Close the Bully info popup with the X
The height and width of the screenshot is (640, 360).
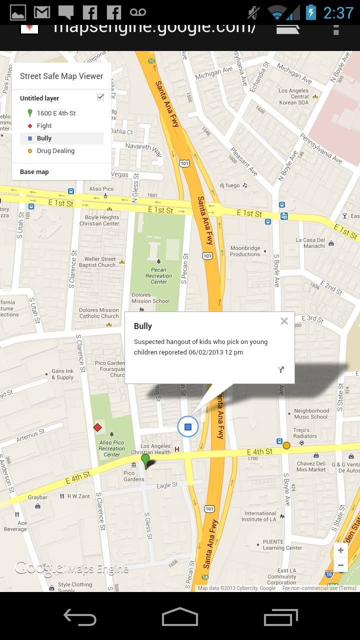pos(284,321)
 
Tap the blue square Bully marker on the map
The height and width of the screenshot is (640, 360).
pos(188,426)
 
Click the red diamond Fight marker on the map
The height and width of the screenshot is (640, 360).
pos(97,427)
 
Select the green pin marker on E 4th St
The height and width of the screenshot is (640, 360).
pos(145,460)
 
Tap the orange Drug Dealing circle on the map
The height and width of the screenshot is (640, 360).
pos(286,445)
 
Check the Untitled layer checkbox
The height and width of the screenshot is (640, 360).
pos(100,97)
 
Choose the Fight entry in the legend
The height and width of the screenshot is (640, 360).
pos(44,126)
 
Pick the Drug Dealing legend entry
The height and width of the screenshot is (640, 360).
pos(55,151)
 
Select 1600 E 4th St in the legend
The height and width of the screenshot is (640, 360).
pos(56,113)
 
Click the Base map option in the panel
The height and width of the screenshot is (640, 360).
pos(34,172)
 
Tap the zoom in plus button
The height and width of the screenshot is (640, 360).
pos(340,550)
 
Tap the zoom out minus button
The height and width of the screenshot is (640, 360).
pos(340,565)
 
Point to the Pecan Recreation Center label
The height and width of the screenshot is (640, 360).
pos(159,275)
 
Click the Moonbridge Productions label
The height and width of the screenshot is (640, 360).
pos(245,251)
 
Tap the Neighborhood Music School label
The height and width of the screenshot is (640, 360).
pos(311,413)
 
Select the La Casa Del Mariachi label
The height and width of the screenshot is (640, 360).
pos(310,243)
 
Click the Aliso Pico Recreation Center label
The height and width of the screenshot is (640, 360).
pos(112,448)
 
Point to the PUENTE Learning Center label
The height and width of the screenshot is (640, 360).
pos(282,544)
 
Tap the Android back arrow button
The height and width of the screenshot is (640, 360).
pos(80,617)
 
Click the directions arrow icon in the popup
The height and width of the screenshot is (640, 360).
pos(281,369)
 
